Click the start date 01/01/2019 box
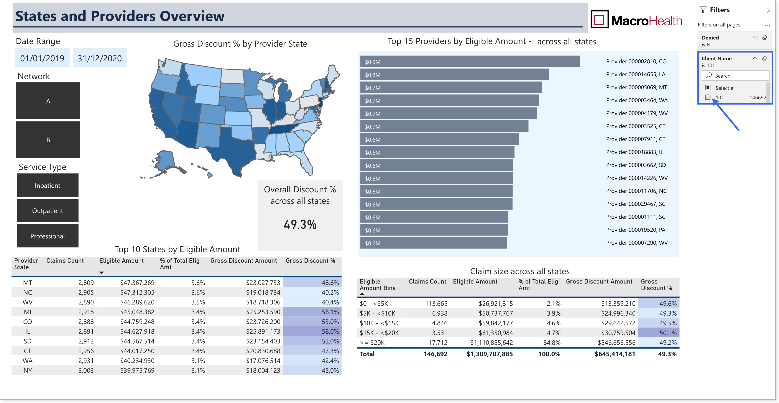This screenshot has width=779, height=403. (42, 58)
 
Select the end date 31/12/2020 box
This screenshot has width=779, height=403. (100, 58)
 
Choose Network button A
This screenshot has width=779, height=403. (48, 101)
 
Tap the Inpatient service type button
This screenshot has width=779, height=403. (48, 185)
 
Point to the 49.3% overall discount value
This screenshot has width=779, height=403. (300, 224)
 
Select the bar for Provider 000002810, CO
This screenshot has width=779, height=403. (470, 62)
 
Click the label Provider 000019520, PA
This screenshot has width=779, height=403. (635, 230)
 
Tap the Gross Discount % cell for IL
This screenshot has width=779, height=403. (312, 331)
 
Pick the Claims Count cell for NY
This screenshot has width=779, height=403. (86, 370)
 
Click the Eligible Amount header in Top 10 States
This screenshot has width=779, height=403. (121, 260)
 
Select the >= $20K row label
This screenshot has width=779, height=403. (372, 342)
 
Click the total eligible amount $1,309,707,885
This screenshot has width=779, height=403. (490, 354)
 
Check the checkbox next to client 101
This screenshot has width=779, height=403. (708, 97)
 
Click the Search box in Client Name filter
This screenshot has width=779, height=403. (735, 75)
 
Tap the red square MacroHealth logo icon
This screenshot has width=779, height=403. (599, 19)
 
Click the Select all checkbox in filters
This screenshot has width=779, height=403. (708, 88)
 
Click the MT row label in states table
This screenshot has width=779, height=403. (28, 283)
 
